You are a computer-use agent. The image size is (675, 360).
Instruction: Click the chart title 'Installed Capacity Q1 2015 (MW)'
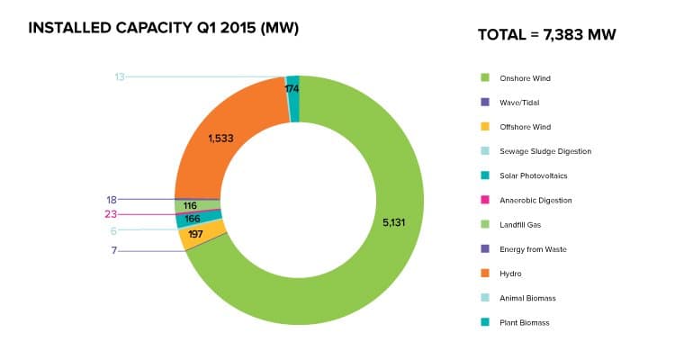[163, 29]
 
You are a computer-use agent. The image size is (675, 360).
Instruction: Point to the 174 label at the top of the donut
[292, 89]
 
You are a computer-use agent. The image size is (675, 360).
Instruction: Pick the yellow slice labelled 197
[195, 235]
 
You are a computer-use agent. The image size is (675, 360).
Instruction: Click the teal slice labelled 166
[190, 219]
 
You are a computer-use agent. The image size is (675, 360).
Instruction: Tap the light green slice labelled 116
[190, 206]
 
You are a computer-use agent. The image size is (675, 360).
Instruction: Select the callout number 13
[120, 77]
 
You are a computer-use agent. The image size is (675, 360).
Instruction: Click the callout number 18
[112, 199]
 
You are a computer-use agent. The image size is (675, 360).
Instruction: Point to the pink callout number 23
[111, 214]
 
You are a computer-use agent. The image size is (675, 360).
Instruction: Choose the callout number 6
[114, 230]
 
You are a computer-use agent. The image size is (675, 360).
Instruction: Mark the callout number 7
[114, 249]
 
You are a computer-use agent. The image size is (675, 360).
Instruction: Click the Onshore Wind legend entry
[525, 78]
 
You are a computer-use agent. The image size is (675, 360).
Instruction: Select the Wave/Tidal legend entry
[518, 103]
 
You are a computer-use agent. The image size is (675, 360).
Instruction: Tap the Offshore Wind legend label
[525, 127]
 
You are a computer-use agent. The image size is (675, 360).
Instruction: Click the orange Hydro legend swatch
[484, 273]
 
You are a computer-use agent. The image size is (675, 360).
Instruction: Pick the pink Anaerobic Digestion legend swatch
[484, 200]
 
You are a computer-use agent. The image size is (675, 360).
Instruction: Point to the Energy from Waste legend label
[531, 248]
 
